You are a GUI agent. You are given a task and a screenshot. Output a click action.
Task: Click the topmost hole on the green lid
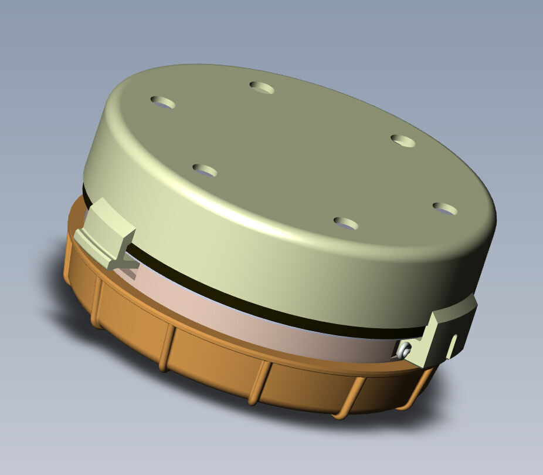point(262,87)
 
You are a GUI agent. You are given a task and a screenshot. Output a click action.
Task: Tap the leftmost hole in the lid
point(162,103)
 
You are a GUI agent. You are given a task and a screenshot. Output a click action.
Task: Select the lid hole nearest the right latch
point(445,208)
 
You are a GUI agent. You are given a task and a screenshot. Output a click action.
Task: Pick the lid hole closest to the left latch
point(205,171)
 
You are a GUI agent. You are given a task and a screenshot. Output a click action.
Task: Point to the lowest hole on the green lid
point(345,223)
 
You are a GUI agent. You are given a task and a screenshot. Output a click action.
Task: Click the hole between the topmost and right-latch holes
point(403,140)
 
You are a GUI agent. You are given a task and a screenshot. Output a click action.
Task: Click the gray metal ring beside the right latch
point(403,350)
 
